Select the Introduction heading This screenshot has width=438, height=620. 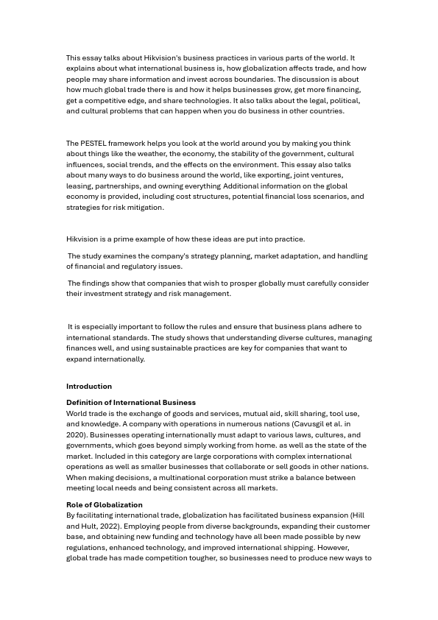(x=89, y=387)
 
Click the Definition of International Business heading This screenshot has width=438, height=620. (x=131, y=403)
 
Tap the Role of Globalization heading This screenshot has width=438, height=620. (x=105, y=505)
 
